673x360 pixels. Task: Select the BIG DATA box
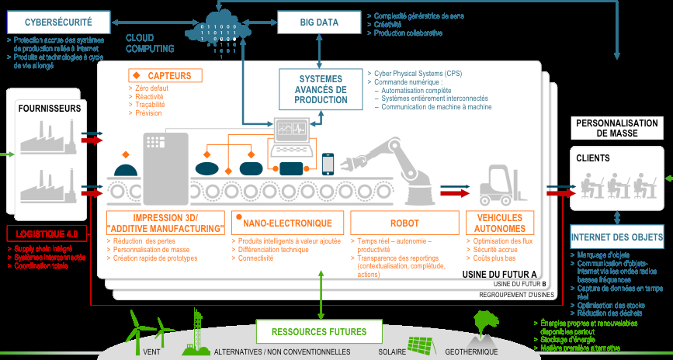point(319,22)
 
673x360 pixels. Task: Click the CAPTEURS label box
point(165,75)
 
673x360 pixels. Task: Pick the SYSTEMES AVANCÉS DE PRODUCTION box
point(321,89)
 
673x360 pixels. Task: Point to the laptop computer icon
point(290,135)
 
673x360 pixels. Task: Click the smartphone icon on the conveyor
point(328,164)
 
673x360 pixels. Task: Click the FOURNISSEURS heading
point(50,109)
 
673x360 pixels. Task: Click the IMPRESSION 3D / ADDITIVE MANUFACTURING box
point(165,223)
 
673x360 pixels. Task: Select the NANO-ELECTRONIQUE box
point(287,223)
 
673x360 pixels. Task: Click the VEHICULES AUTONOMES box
point(501,223)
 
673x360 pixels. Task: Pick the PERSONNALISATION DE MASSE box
point(617,128)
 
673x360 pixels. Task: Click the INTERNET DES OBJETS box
point(617,237)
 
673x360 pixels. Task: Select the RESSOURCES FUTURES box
point(319,332)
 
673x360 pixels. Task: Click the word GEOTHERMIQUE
point(471,351)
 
